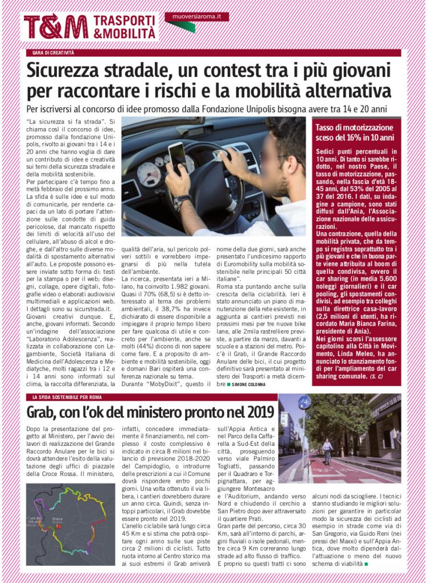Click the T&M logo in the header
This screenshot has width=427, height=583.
coord(56,27)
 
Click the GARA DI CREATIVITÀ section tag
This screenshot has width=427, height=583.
coord(54,53)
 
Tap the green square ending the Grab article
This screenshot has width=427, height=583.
coord(367,564)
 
